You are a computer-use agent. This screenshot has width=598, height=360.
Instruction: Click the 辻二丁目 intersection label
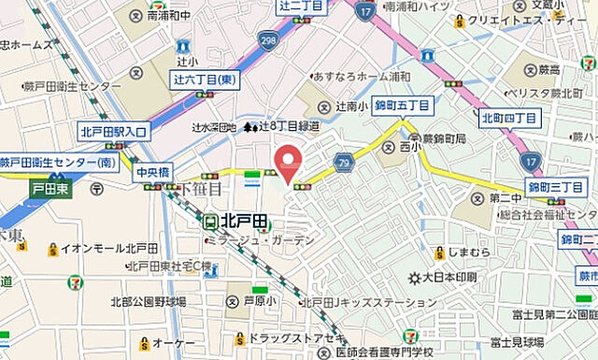tap(301, 6)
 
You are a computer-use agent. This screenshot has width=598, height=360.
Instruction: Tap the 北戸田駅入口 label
tap(114, 132)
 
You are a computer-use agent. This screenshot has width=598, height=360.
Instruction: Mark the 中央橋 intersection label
tap(150, 173)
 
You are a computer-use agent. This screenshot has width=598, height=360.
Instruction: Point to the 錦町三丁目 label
tap(556, 188)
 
